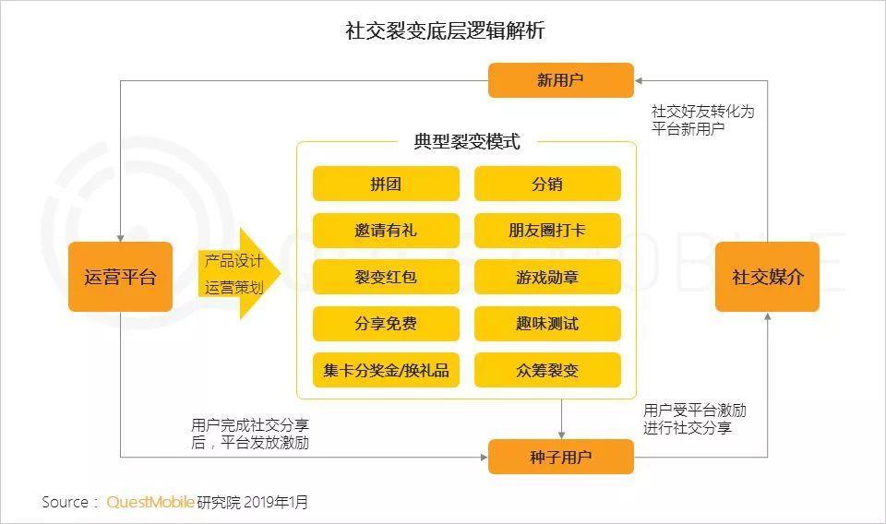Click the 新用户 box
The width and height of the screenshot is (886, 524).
560,80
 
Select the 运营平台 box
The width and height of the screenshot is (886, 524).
120,277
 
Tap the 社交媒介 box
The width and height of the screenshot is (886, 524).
767,277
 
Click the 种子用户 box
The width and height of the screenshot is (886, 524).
560,457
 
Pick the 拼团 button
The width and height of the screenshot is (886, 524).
386,184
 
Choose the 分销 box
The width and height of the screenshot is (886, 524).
547,184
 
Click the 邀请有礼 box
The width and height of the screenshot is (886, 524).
386,231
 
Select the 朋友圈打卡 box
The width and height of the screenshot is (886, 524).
547,231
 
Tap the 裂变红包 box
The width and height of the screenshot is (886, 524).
386,277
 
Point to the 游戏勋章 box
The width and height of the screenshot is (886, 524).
547,277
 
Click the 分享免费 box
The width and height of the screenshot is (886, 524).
386,324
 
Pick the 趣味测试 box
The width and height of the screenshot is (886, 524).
547,324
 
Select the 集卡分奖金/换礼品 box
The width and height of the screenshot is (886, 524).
386,370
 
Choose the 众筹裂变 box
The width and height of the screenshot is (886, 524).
547,370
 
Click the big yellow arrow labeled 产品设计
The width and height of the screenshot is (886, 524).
238,274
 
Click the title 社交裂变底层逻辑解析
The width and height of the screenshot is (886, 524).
445,30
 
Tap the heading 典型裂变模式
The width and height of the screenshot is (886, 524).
467,141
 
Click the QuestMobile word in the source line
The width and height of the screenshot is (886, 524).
150,502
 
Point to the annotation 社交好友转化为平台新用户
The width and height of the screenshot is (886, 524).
702,120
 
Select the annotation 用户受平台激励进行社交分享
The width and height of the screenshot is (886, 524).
694,419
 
